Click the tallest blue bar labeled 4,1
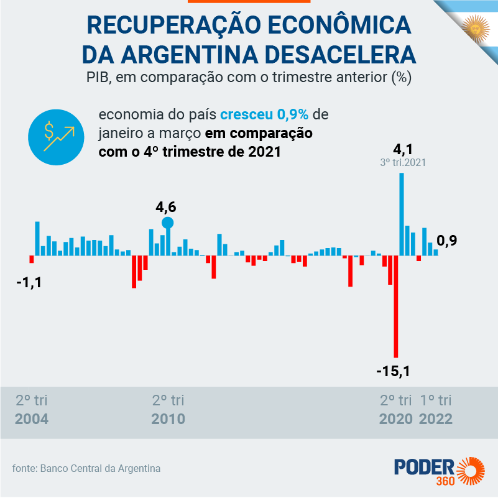click(x=402, y=214)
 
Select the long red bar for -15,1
click(x=395, y=306)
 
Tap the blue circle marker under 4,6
click(x=167, y=223)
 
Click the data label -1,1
click(x=29, y=282)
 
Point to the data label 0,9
click(x=447, y=241)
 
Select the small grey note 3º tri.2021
click(x=402, y=163)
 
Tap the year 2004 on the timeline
click(x=32, y=418)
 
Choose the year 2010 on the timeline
click(x=168, y=418)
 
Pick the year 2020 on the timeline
click(x=396, y=418)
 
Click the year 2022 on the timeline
click(x=436, y=418)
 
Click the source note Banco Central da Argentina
click(x=100, y=468)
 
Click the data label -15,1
click(x=394, y=372)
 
